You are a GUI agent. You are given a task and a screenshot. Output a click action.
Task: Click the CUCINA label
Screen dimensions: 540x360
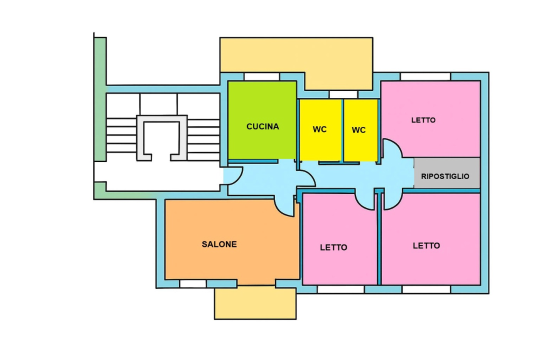pyautogui.click(x=262, y=127)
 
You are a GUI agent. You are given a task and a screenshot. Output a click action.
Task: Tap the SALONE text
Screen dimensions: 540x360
pyautogui.click(x=219, y=244)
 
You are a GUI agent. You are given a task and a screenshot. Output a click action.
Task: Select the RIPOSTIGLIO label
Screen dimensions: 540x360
pyautogui.click(x=445, y=176)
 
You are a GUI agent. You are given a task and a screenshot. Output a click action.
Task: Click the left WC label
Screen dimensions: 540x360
pyautogui.click(x=319, y=129)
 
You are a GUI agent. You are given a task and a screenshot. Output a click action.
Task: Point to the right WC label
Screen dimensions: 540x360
pyautogui.click(x=358, y=130)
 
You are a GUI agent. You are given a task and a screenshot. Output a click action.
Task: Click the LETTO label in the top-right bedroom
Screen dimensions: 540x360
pyautogui.click(x=423, y=120)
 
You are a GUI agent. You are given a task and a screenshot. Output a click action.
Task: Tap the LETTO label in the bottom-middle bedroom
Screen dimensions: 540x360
pyautogui.click(x=333, y=247)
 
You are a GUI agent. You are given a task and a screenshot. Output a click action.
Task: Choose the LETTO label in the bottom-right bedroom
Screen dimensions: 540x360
pyautogui.click(x=426, y=245)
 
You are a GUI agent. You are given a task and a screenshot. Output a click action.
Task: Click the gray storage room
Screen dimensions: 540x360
pyautogui.click(x=446, y=173)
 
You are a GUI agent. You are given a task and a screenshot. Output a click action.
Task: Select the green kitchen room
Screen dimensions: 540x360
pyautogui.click(x=262, y=120)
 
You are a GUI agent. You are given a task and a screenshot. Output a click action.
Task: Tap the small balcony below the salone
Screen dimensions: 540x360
pyautogui.click(x=255, y=302)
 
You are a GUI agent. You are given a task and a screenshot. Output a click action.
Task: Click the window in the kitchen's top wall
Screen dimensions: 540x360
pyautogui.click(x=261, y=76)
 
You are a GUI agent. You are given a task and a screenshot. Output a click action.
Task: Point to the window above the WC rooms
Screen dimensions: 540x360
pyautogui.click(x=343, y=94)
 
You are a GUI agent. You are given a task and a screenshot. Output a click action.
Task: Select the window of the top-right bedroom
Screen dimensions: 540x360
pyautogui.click(x=425, y=76)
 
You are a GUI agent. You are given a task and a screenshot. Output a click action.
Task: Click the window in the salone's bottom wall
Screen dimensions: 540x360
pyautogui.click(x=193, y=283)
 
